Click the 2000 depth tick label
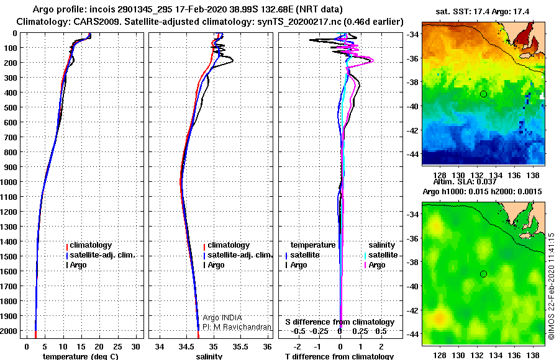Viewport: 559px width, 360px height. coord(11,331)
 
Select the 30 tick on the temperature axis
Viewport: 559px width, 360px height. coord(137,346)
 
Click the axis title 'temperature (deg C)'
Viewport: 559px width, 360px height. coord(80,356)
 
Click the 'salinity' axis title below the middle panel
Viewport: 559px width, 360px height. coord(209,356)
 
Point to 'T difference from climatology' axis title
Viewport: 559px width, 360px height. coord(339,356)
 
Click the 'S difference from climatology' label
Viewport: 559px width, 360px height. coord(340,322)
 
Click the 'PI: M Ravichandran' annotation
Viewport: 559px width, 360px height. coord(237,326)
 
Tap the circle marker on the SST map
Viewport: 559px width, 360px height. coord(483,94)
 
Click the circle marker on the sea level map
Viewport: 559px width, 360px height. coord(483,274)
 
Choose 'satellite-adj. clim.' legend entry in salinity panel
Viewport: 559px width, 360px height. coord(239,255)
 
